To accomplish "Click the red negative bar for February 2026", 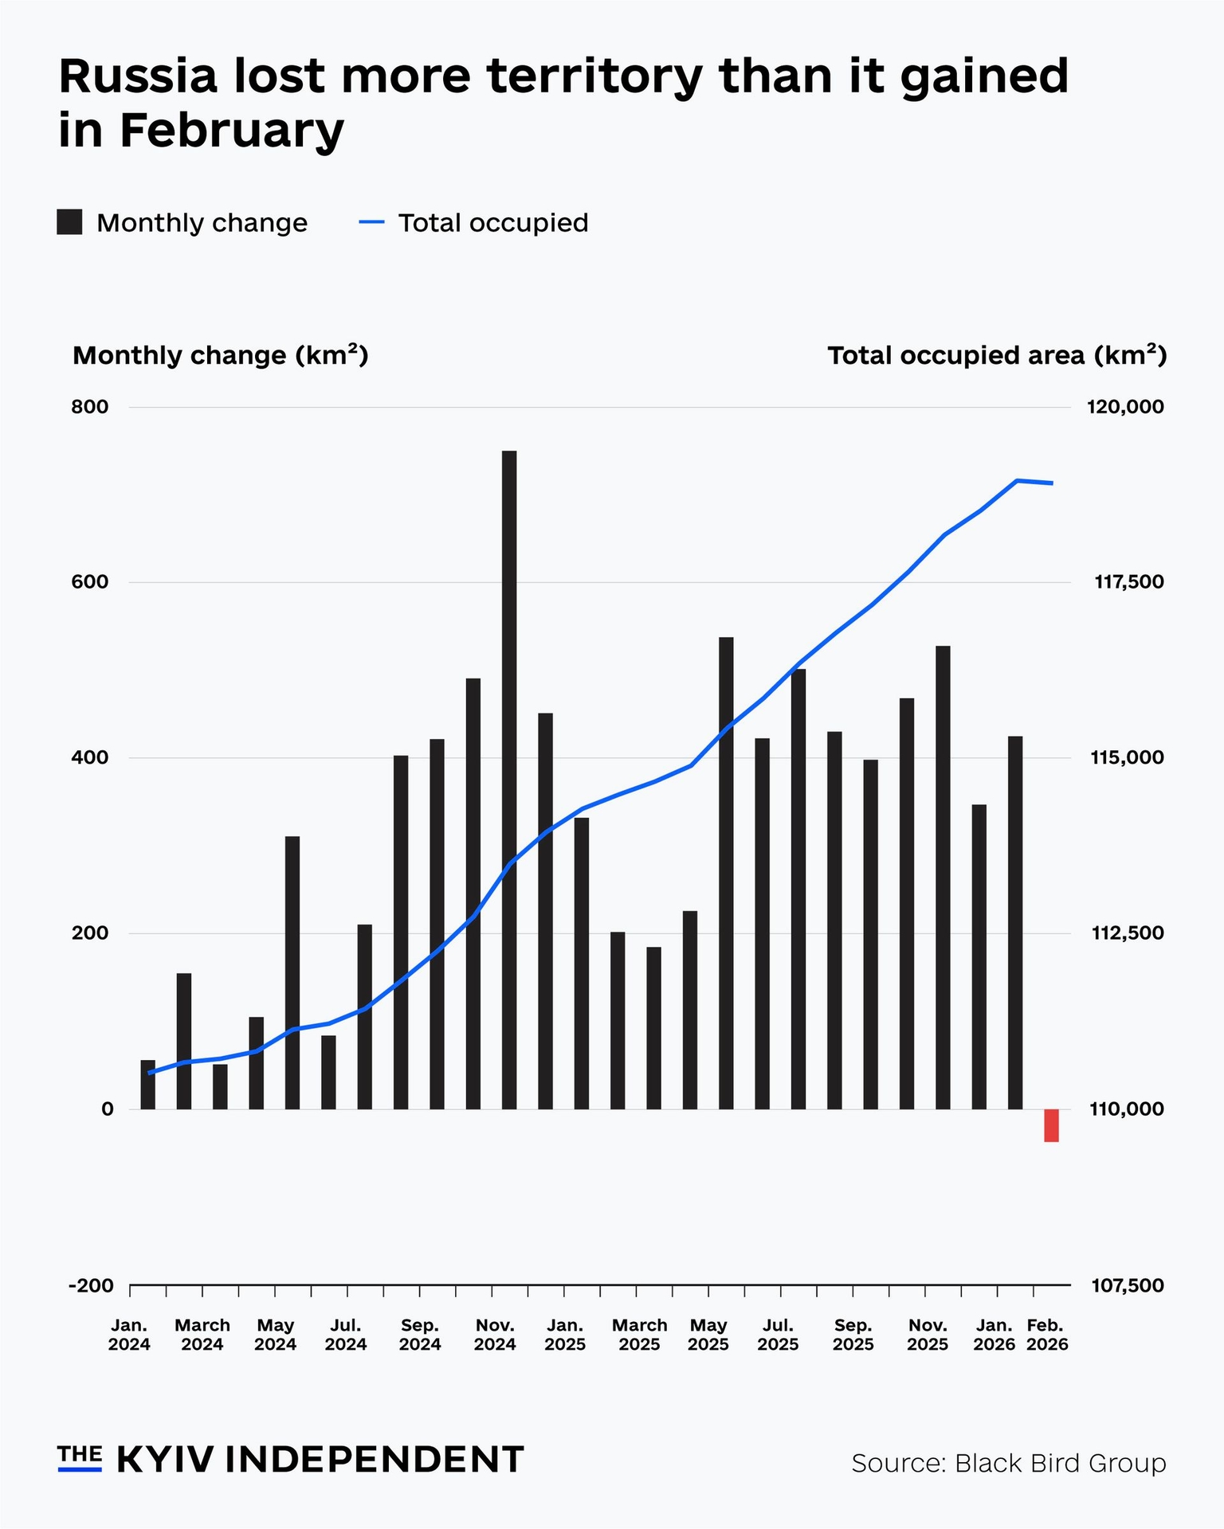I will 1051,1125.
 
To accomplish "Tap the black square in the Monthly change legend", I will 69,222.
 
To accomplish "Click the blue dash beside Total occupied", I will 372,222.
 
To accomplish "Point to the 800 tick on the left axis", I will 89,407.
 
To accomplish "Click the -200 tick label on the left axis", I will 90,1285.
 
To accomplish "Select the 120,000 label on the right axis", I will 1124,407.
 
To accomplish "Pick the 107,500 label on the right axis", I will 1124,1285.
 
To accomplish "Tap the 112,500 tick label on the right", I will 1124,933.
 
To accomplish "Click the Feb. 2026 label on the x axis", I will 1046,1335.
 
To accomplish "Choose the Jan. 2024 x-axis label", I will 129,1335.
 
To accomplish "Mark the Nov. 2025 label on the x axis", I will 928,1335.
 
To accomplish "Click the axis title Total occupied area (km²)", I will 996,355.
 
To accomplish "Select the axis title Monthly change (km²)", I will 220,355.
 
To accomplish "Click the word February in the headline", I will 232,131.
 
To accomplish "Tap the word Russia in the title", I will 137,76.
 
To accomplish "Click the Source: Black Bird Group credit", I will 1008,1463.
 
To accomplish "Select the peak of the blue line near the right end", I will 1017,480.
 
